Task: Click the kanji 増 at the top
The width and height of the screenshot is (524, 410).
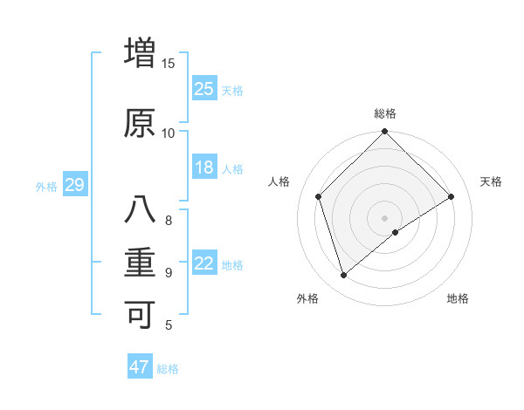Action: coord(140,52)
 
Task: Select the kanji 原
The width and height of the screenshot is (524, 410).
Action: coord(140,122)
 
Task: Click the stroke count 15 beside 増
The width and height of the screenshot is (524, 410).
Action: coord(169,63)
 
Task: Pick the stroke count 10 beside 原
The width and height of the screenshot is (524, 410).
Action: coord(169,133)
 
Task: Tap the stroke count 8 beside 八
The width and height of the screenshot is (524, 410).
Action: coord(169,220)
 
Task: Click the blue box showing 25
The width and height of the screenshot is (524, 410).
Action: coord(204,89)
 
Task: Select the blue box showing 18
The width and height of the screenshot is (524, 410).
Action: coord(204,167)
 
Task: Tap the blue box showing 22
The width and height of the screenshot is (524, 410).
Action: coord(204,263)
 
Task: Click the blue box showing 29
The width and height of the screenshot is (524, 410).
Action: coord(74,185)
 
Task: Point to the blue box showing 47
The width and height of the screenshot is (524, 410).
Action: coord(140,367)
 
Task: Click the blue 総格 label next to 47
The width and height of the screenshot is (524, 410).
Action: coord(168,369)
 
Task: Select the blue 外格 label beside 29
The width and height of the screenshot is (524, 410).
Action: coord(46,186)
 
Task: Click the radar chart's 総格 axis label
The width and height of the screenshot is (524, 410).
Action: coord(385,113)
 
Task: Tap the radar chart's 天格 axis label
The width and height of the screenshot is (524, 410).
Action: coord(492,181)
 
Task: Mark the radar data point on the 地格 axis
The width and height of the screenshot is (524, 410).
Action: coord(396,232)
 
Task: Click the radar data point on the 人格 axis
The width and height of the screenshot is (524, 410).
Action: coord(319,196)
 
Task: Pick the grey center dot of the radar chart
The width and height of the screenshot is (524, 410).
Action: coord(385,217)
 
